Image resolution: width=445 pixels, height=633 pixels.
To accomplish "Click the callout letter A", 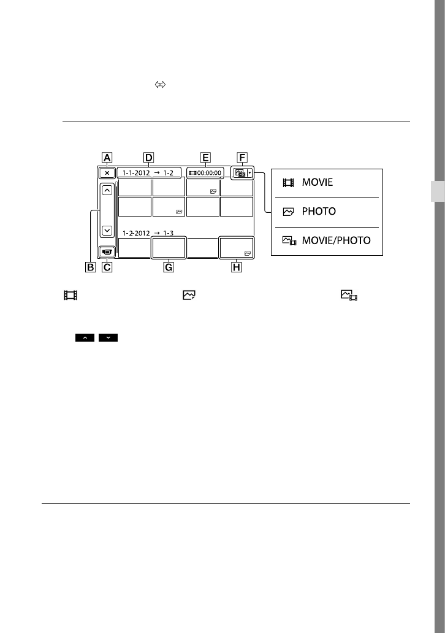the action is tap(107, 158).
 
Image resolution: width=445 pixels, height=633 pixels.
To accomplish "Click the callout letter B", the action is tap(90, 267).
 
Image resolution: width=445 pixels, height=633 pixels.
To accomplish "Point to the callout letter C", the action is tap(107, 267).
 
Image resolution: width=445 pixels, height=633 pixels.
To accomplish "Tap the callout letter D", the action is tap(148, 158).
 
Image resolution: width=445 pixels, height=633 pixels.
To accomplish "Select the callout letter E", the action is tap(205, 158).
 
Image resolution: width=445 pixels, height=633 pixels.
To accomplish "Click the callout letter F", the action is tap(242, 158).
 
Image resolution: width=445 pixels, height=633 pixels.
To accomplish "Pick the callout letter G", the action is tap(169, 267).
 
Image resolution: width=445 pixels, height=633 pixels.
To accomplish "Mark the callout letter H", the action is tap(237, 267).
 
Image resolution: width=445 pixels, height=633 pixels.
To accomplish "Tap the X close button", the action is tap(107, 173).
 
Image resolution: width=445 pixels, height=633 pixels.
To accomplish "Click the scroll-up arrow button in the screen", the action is tap(107, 190).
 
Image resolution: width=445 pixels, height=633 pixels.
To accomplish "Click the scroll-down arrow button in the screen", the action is tap(107, 231).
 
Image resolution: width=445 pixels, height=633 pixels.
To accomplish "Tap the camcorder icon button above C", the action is tap(107, 251).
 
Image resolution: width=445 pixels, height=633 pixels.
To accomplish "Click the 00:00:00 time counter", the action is tap(209, 173).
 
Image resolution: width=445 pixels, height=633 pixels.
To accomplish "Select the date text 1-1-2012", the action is tap(136, 173).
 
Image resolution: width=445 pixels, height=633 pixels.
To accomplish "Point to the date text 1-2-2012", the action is tap(136, 233).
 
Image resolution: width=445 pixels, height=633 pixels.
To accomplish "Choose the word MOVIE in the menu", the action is tap(318, 182).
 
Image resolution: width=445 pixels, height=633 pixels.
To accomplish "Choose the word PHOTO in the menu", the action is tap(319, 212).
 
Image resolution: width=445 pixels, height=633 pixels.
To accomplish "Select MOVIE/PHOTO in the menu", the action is tap(336, 240).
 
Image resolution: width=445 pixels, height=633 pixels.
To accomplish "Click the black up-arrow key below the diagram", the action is tap(85, 337).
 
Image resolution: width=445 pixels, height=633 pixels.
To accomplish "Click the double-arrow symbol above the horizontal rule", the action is tap(160, 85).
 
